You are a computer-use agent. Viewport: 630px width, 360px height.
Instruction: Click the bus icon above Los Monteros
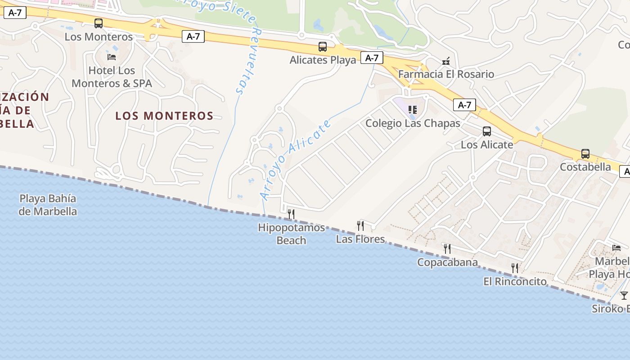(99, 23)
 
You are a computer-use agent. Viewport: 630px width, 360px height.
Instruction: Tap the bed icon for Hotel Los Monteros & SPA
(112, 57)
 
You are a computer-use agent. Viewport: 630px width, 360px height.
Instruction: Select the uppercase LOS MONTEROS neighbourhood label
(164, 116)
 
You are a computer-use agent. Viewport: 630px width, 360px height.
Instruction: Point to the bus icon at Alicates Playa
(323, 47)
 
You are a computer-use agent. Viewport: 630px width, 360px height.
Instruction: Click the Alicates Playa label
(323, 60)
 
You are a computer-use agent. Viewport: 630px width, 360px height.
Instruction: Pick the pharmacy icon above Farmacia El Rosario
(446, 61)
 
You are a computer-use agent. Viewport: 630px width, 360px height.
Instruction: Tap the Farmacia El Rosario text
(446, 74)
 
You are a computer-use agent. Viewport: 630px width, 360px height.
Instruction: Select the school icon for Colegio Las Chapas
(413, 110)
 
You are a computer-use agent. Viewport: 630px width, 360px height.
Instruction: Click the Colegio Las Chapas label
(413, 123)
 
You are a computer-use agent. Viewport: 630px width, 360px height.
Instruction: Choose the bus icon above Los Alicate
(487, 131)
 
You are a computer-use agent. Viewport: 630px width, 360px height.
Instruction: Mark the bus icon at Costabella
(585, 154)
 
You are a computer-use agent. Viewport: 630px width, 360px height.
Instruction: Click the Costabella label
(585, 167)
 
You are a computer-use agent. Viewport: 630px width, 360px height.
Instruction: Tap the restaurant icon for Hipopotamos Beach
(291, 214)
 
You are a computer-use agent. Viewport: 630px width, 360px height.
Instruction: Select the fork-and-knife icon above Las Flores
(360, 225)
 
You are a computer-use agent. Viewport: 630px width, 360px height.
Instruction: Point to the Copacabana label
(447, 262)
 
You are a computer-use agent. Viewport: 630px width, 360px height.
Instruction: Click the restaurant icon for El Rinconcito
(515, 268)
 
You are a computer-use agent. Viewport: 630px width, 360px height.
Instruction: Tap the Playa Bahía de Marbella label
(48, 205)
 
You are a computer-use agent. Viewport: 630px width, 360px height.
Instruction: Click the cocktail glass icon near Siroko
(624, 296)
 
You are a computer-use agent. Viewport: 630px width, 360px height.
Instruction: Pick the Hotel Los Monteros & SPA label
(112, 77)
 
